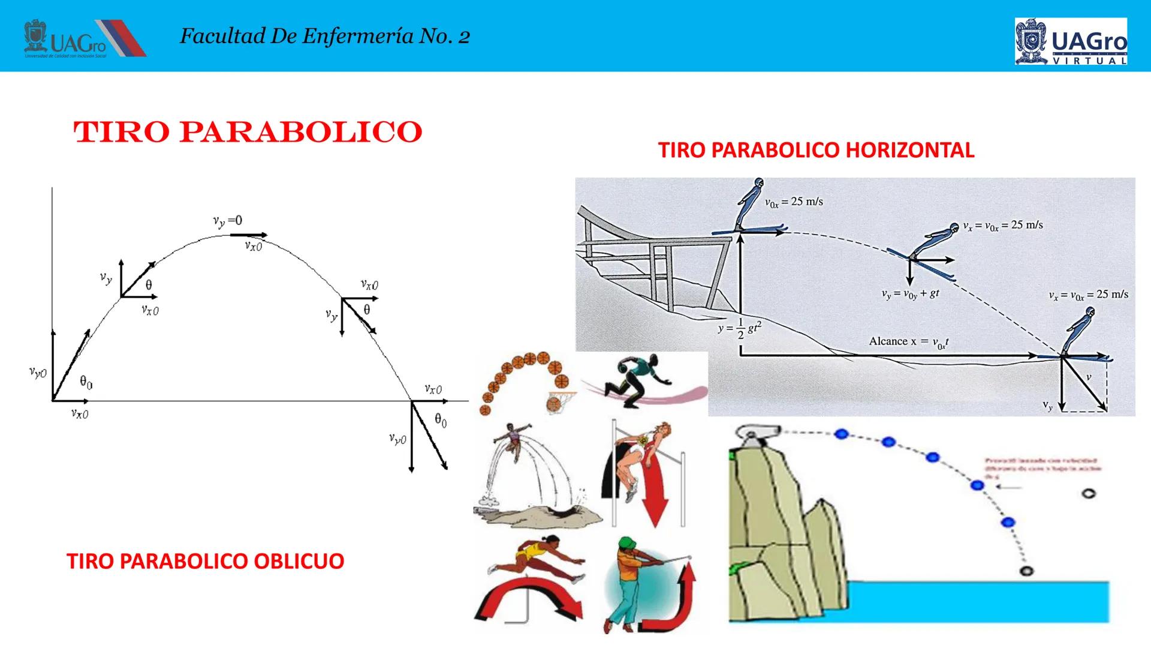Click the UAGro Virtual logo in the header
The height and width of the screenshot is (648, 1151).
coord(1071,41)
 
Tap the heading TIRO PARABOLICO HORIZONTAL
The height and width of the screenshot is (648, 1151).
coord(816,149)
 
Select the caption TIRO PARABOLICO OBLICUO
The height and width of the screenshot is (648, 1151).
coord(205,561)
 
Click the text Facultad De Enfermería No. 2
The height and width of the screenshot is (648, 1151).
coord(324,37)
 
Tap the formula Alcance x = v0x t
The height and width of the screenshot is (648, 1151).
coord(909,341)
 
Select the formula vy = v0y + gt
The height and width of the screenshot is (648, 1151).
coord(910,294)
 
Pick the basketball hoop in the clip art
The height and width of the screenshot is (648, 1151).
coord(560,401)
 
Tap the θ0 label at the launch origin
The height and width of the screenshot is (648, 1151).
coord(86,382)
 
